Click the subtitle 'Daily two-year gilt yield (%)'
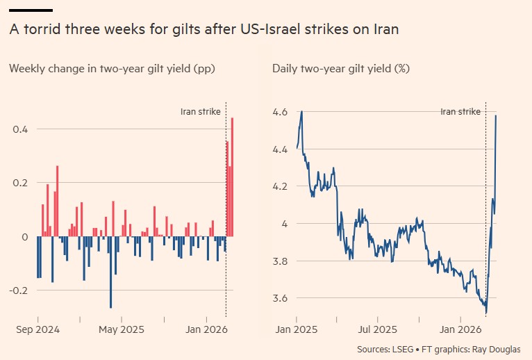tap(340, 68)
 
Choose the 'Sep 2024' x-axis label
tap(38, 329)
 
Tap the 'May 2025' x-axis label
tap(122, 329)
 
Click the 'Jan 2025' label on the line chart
tap(297, 329)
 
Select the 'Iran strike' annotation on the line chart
tap(460, 111)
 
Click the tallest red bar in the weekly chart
tap(232, 177)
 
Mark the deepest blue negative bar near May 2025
tap(110, 272)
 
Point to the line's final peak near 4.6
tap(495, 116)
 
